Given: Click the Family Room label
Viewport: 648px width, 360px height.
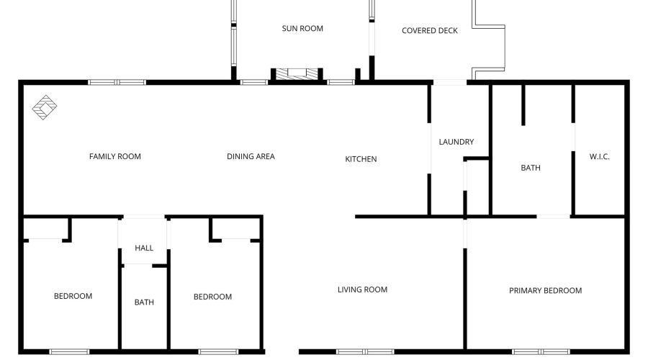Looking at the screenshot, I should pos(114,156).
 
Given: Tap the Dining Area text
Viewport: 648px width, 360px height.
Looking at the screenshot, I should pos(251,156).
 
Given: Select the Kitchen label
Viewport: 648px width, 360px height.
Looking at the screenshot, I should pos(361,159).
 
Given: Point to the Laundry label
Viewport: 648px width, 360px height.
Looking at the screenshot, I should pos(456,142).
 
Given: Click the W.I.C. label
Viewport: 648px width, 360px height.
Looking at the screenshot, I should pos(599,156).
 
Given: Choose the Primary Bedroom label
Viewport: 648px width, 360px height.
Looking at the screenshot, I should pos(545,290).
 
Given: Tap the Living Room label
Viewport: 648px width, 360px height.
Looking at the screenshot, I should pos(362,289).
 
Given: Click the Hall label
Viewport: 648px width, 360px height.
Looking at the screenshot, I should pos(144,248).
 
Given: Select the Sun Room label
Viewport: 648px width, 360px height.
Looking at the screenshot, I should pos(302,29).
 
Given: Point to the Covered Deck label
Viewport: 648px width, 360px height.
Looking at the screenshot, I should pos(429,30).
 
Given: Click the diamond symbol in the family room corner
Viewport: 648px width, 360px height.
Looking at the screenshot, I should pos(45,107).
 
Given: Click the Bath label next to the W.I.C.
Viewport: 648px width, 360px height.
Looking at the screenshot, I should pos(531,168).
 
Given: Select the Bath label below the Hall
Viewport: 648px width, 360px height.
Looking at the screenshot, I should pos(144,302).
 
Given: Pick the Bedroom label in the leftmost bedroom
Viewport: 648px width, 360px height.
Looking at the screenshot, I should pos(73,296).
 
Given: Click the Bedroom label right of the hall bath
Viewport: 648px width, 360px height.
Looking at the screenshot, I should pos(212,297).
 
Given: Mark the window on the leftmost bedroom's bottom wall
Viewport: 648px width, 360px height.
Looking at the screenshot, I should pos(70,351).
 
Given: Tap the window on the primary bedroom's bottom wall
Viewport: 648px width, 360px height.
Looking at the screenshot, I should pos(541,351).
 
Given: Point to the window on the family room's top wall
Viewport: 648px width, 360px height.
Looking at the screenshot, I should pos(117,82).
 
